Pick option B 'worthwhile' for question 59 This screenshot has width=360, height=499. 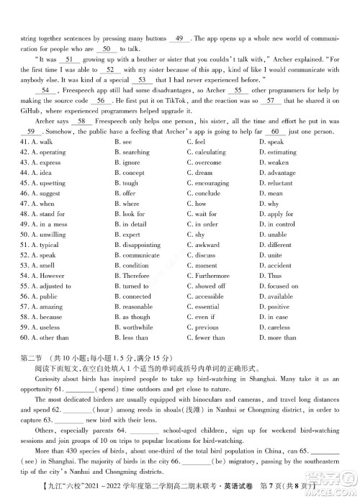(141, 327)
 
